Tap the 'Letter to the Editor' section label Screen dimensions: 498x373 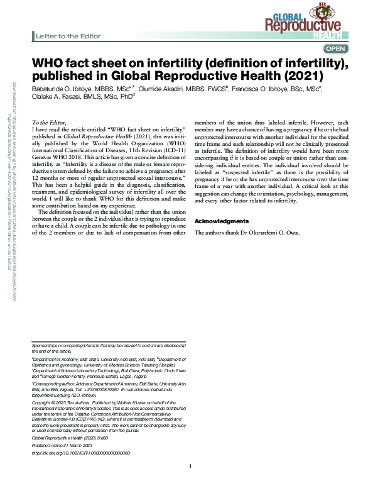pyautogui.click(x=65, y=36)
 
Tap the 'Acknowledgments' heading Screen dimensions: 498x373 pyautogui.click(x=221, y=221)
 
